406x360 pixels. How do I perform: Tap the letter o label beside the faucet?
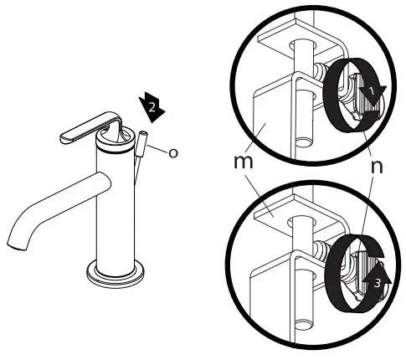(173, 152)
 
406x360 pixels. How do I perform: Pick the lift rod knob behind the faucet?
(142, 145)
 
